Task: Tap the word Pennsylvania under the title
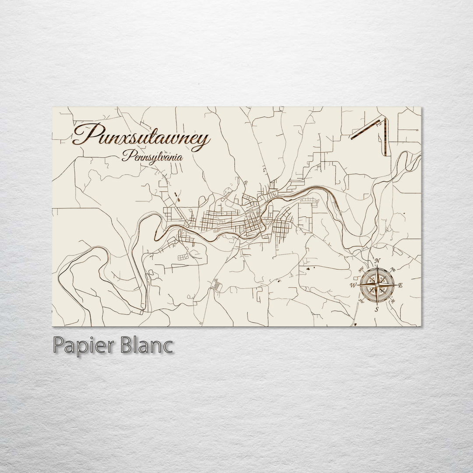[x=153, y=157]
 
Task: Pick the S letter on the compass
[x=376, y=309]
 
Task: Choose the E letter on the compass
[x=400, y=286]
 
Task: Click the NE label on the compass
[x=393, y=269]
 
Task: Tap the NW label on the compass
[x=361, y=270]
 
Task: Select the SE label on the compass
[x=392, y=301]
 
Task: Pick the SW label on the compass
[x=361, y=301]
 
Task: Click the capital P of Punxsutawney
[x=83, y=134]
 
